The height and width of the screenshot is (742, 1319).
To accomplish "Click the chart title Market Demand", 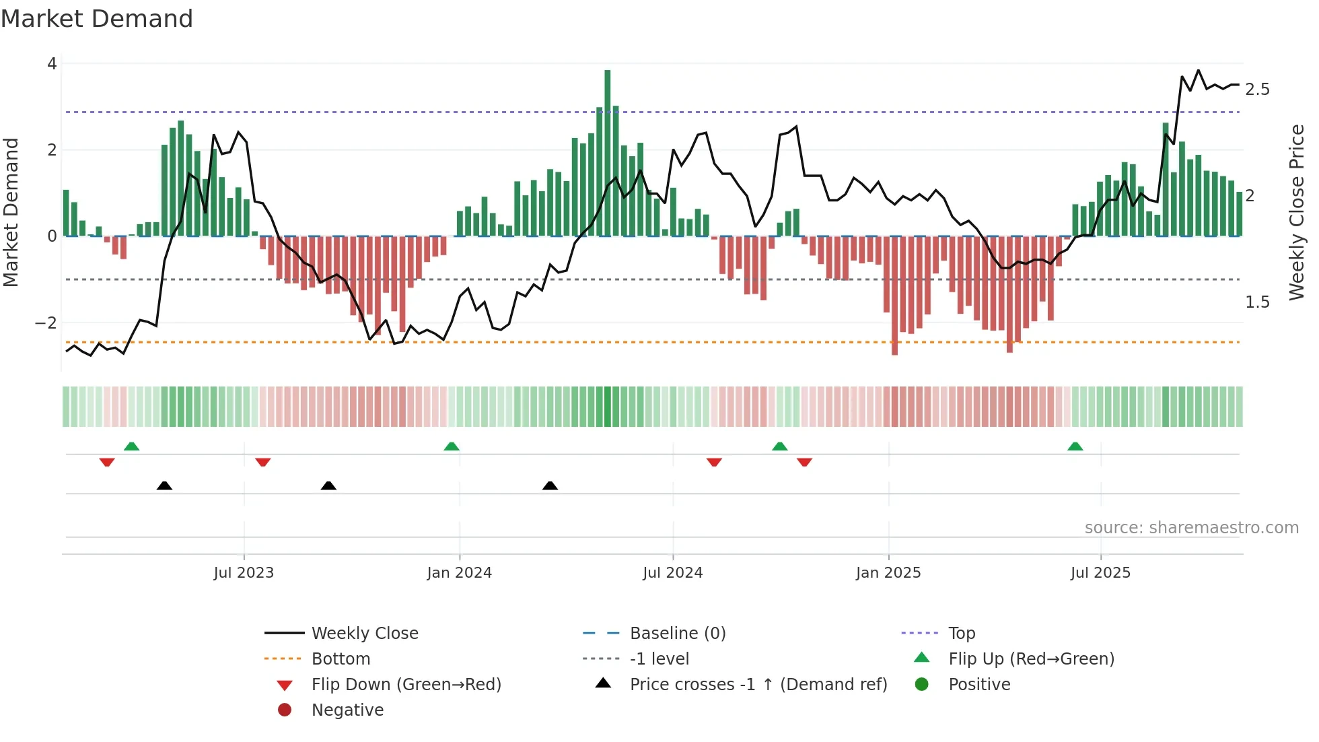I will coord(97,19).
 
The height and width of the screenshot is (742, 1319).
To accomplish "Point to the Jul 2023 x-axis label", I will coord(244,573).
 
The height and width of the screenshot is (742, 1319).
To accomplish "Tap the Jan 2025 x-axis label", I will coord(888,573).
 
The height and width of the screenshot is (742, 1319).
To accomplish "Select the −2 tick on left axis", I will coord(46,323).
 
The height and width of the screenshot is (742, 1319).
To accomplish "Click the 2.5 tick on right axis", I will coord(1257,90).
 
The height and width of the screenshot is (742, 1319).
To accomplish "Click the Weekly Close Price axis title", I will coord(1297,212).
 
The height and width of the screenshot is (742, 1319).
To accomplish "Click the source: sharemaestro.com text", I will coord(1191,528).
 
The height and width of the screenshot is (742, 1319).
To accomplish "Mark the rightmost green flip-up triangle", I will coord(1075,446).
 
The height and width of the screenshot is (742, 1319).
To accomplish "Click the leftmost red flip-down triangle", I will coord(107,462).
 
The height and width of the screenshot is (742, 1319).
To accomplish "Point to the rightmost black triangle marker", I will coord(550,485).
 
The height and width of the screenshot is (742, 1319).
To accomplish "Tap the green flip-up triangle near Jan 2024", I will coord(452,446).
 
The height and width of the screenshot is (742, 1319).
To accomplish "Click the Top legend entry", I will coord(961,634).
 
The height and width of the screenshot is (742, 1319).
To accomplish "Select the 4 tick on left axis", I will coord(52,64).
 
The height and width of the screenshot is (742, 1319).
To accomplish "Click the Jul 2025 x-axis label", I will coord(1100,573).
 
